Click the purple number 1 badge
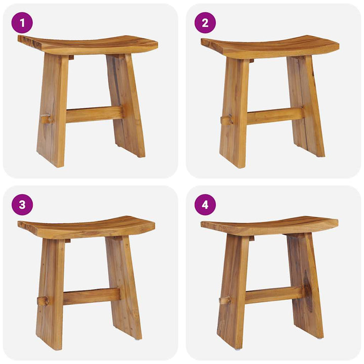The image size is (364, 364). coord(22,23)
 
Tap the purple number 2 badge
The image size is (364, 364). coord(205,23)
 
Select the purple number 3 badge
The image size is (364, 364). coord(22,205)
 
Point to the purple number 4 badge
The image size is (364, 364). coord(205,205)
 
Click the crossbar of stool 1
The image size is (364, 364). coord(94,114)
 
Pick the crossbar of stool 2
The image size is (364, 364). coord(275,116)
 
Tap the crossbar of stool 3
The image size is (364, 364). coord(92,296)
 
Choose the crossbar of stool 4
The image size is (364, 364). coord(275,295)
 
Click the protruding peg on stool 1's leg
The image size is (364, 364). coord(47,119)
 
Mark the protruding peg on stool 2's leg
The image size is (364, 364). coord(227,120)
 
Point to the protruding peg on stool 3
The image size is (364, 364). coord(43,301)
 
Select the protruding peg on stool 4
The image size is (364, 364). coord(224,300)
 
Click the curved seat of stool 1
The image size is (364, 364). coord(88,44)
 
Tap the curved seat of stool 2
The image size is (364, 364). coord(270,47)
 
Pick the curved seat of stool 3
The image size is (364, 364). coord(86,227)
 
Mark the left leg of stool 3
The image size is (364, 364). coord(50,294)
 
